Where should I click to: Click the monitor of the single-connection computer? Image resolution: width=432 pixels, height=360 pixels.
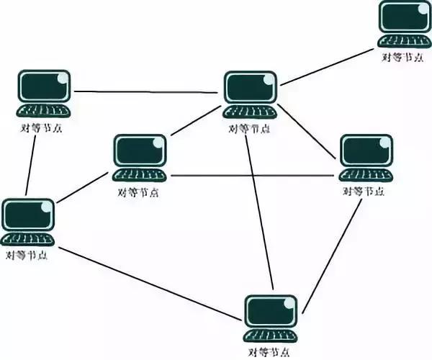(x=404, y=17)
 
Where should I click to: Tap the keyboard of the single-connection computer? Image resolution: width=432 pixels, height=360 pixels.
(x=404, y=41)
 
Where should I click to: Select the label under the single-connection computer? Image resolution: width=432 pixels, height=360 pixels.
(x=402, y=58)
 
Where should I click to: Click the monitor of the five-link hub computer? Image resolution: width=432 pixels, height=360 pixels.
(x=251, y=87)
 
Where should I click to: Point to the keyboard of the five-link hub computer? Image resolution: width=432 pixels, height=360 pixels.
(x=250, y=112)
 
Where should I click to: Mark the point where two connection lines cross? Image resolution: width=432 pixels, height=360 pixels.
(x=253, y=176)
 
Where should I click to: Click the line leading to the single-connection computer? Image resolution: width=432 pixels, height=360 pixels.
(x=327, y=67)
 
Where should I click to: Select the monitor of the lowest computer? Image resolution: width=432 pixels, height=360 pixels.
(x=271, y=312)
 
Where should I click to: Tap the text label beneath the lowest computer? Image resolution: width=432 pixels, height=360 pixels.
(x=269, y=352)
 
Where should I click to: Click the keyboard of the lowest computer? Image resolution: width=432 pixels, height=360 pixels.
(x=271, y=336)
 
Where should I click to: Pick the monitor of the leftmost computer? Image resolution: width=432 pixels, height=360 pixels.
(x=28, y=215)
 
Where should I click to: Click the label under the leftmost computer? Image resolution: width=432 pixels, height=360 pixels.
(x=27, y=256)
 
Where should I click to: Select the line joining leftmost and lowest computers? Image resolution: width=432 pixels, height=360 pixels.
(x=150, y=284)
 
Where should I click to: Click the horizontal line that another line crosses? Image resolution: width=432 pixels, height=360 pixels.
(x=252, y=176)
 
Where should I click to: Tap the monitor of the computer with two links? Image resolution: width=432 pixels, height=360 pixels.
(x=45, y=86)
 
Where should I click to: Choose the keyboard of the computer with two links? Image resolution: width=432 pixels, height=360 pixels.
(x=43, y=111)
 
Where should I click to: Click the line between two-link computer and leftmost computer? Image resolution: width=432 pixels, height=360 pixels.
(x=31, y=166)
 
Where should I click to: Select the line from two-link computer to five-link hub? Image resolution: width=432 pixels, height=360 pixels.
(x=145, y=92)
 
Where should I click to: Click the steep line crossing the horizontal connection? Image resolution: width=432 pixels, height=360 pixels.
(x=259, y=212)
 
